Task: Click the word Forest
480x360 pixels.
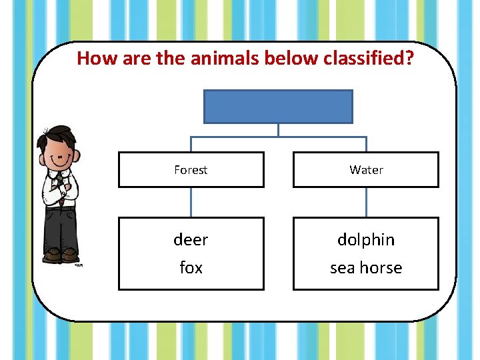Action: click(x=191, y=170)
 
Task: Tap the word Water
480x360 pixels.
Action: click(x=366, y=170)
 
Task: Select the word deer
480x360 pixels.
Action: click(x=191, y=239)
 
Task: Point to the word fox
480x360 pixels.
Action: click(x=191, y=268)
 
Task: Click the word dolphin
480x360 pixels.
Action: click(x=366, y=239)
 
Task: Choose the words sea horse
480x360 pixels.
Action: click(x=366, y=268)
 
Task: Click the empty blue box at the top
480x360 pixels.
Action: click(x=277, y=107)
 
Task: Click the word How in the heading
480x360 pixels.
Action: click(x=92, y=59)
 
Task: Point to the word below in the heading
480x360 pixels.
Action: click(x=285, y=59)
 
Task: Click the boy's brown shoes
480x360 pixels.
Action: click(x=61, y=255)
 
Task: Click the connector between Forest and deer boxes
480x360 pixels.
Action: click(x=191, y=202)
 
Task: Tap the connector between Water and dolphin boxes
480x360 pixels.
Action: click(x=366, y=202)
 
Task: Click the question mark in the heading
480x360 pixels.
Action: click(x=409, y=59)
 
